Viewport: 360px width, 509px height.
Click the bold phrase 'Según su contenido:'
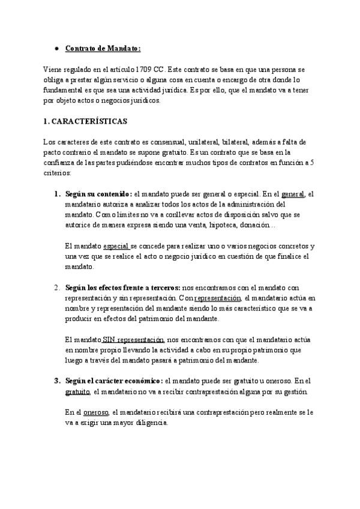[98, 194]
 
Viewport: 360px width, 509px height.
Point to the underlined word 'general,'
[293, 194]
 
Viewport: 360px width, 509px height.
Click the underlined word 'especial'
[116, 246]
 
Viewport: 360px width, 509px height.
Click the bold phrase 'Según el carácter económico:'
[113, 381]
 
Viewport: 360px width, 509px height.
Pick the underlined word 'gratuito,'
[77, 391]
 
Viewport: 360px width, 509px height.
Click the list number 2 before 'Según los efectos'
[56, 288]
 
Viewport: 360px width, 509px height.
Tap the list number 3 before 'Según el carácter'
[56, 381]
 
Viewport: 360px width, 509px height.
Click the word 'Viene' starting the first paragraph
[53, 69]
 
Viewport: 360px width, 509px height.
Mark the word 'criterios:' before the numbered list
[57, 173]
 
